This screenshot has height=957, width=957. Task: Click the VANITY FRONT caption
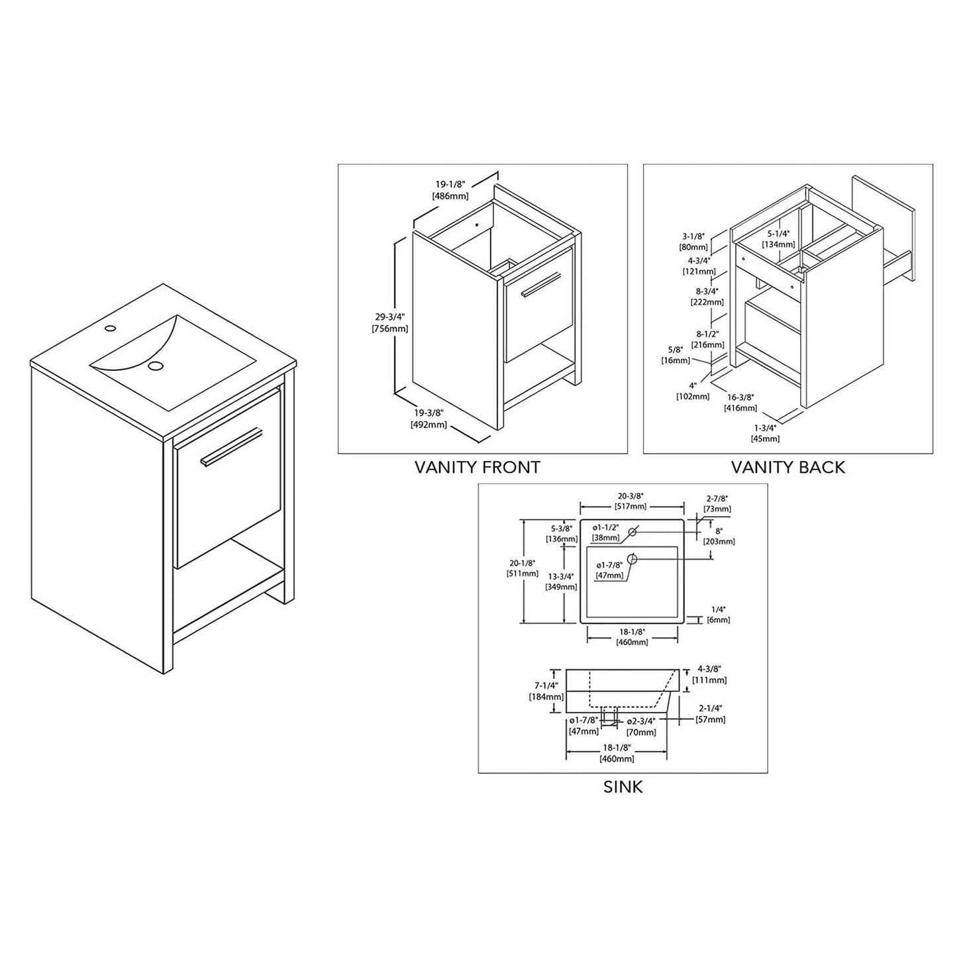click(477, 467)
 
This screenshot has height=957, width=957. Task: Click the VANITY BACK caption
click(787, 467)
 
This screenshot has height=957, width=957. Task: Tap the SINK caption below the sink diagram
click(623, 787)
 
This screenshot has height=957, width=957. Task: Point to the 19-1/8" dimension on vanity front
click(450, 186)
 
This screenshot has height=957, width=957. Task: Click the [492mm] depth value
click(429, 425)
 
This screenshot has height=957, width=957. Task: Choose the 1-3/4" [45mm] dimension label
click(765, 433)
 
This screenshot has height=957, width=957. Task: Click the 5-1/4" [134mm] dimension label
click(778, 238)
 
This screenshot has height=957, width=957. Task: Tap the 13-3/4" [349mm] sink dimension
click(561, 581)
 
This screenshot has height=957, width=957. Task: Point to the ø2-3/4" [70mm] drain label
click(641, 726)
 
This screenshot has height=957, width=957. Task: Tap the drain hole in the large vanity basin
click(155, 366)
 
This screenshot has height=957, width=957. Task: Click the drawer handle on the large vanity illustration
click(232, 446)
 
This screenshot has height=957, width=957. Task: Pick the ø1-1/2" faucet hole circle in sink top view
click(632, 531)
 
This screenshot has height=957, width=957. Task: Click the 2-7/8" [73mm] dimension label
click(717, 503)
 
